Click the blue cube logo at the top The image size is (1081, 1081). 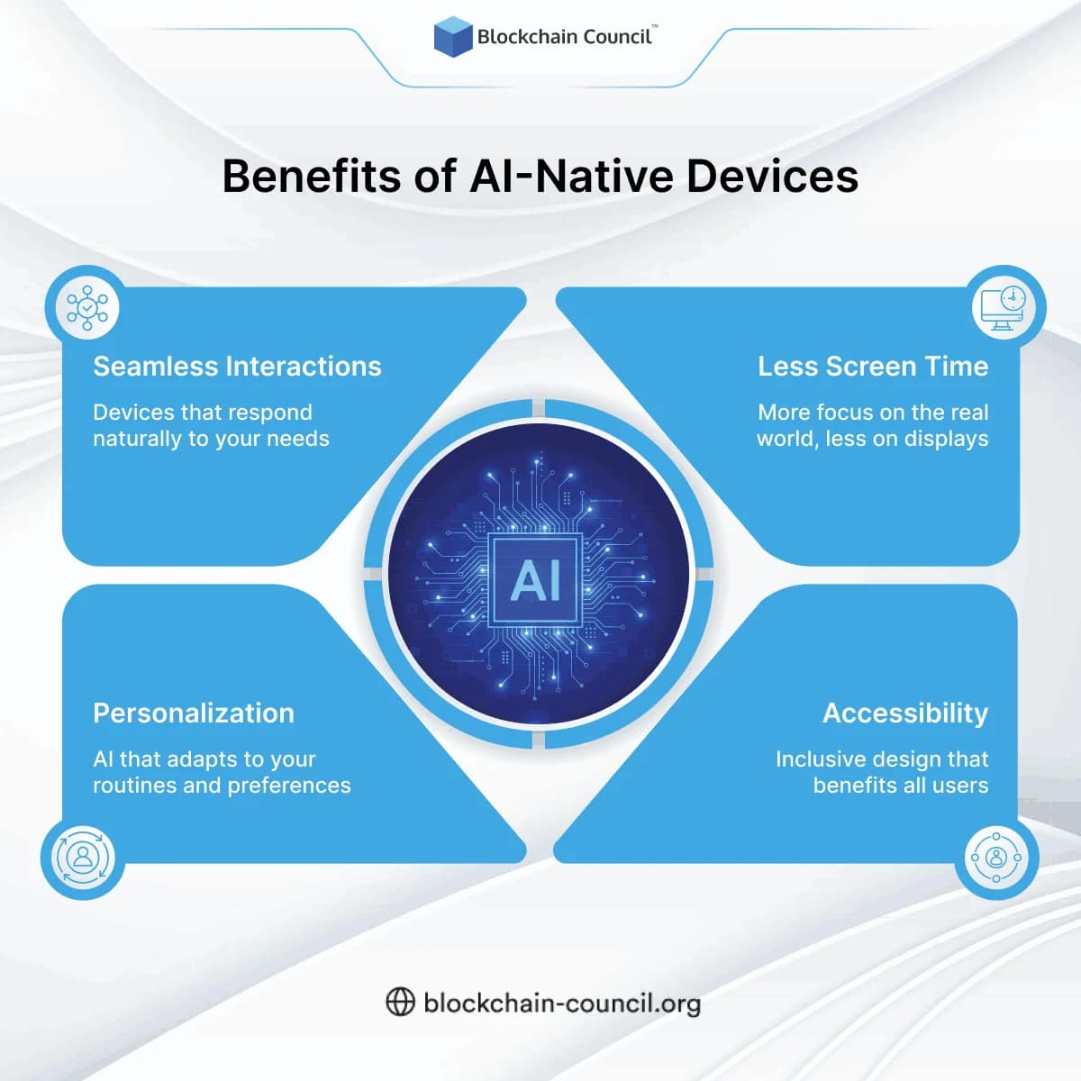[x=453, y=37]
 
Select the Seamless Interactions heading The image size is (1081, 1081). [x=237, y=367]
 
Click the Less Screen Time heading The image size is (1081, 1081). [x=872, y=367]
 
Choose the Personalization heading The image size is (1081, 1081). [x=194, y=713]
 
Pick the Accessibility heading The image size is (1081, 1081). [x=904, y=713]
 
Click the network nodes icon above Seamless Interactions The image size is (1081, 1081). [x=87, y=308]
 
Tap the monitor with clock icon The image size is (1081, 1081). [x=1004, y=308]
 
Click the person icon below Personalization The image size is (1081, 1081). [x=83, y=857]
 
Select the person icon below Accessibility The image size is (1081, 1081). [x=995, y=857]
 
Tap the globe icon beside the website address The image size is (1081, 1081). [x=400, y=1002]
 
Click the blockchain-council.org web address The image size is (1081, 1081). [x=561, y=1003]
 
